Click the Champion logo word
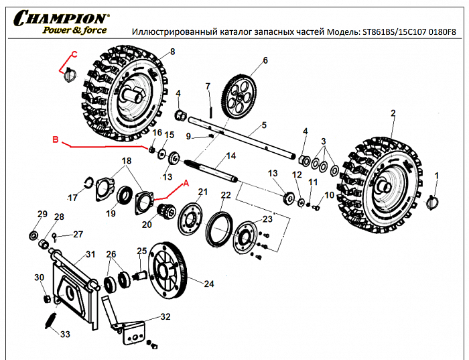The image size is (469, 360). pos(60,17)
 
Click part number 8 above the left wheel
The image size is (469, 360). pos(172,52)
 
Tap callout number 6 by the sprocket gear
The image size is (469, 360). pos(265,60)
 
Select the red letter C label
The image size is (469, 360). pos(74,54)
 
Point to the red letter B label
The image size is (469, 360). pos(56,140)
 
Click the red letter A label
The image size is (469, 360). pos(186,182)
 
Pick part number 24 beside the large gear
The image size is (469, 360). pos(209,284)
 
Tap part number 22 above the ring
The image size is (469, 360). pos(226,195)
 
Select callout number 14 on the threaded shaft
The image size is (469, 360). pos(231,156)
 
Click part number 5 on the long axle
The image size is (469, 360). pos(264,125)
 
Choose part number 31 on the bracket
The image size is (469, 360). pos(90,255)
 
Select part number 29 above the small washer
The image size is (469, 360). pos(42,214)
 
